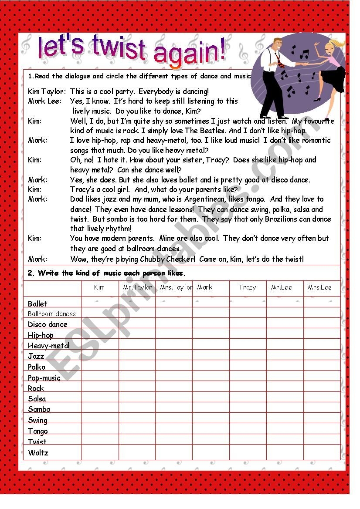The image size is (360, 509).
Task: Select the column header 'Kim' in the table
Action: tap(99, 287)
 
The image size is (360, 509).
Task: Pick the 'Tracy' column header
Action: tap(247, 287)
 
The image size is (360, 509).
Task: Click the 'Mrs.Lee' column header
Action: tap(319, 287)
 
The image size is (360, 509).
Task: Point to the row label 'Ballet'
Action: tap(37, 303)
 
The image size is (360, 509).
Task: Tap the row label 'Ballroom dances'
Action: tap(52, 313)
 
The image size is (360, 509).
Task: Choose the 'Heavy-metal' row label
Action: tap(48, 346)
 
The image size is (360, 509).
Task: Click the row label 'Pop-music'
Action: tap(44, 378)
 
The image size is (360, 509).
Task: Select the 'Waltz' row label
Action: tap(38, 452)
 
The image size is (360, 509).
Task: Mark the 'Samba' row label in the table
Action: tap(39, 409)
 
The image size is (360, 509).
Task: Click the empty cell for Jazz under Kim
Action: tap(100, 356)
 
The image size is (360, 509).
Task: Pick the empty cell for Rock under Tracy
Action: tap(248, 388)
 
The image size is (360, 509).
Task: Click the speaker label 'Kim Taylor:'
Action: tap(47, 91)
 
